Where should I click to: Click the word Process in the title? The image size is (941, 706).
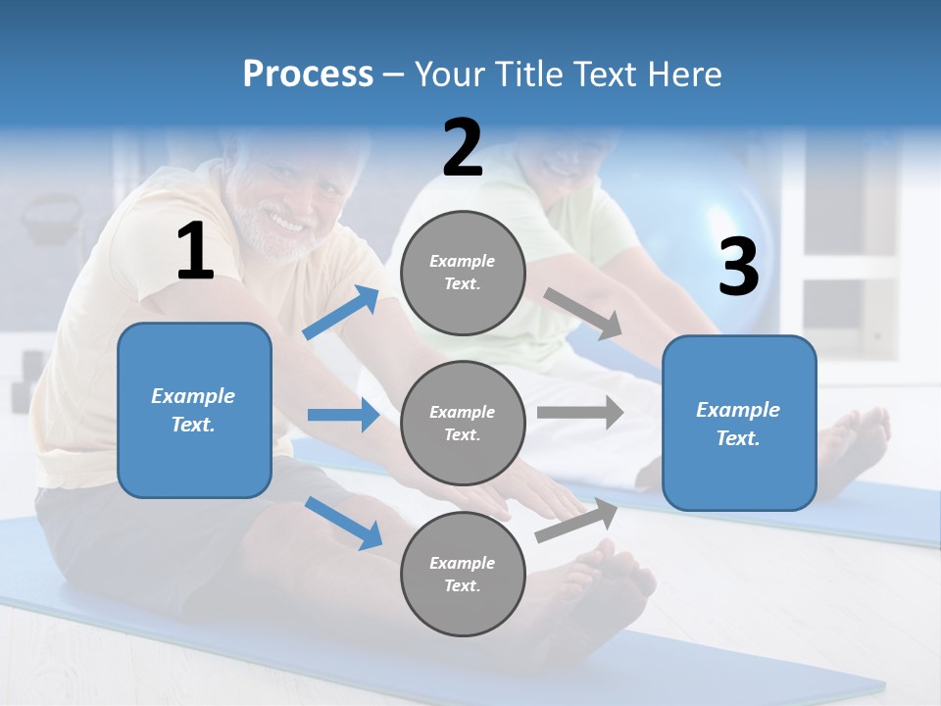pyautogui.click(x=308, y=75)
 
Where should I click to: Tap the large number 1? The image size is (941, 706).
pyautogui.click(x=195, y=252)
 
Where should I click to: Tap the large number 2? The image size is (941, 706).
pyautogui.click(x=463, y=148)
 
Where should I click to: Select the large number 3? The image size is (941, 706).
pyautogui.click(x=738, y=268)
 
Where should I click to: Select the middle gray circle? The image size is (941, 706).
pyautogui.click(x=463, y=423)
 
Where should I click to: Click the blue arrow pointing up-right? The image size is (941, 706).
pyautogui.click(x=341, y=313)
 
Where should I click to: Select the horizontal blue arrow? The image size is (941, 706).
pyautogui.click(x=343, y=415)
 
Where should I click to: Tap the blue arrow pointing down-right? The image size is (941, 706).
pyautogui.click(x=344, y=523)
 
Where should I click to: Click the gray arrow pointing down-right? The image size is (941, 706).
pyautogui.click(x=583, y=314)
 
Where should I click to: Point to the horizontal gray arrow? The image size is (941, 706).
pyautogui.click(x=579, y=412)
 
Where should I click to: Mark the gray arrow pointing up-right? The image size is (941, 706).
pyautogui.click(x=576, y=521)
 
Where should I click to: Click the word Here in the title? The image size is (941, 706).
pyautogui.click(x=684, y=75)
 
